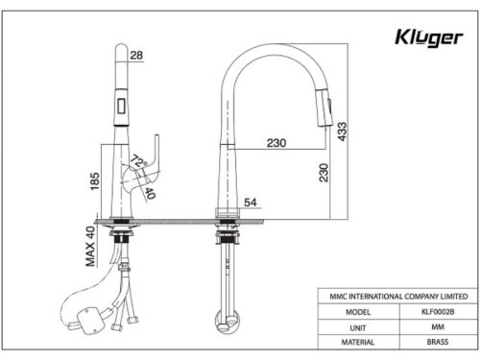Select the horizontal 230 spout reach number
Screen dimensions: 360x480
(276, 144)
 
